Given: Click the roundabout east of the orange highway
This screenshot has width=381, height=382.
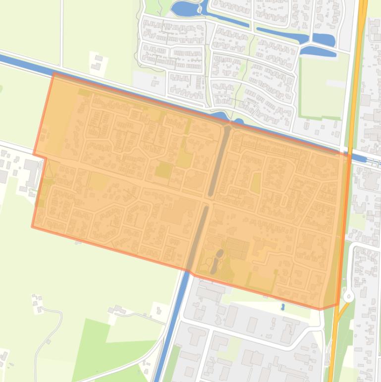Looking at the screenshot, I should (x=349, y=297).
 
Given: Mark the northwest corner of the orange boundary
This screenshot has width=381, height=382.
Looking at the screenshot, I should (x=54, y=73).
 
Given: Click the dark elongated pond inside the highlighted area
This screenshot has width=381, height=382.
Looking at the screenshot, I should (x=217, y=261).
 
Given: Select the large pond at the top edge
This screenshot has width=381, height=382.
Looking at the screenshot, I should (x=184, y=8).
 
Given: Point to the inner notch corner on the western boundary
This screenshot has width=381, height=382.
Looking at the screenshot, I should (x=47, y=158).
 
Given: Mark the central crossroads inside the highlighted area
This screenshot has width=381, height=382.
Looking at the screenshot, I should (x=208, y=200).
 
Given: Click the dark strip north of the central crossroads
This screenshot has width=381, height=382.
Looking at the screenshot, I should (x=219, y=159).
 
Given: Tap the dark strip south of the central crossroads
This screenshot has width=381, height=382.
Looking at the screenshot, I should (x=197, y=238).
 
